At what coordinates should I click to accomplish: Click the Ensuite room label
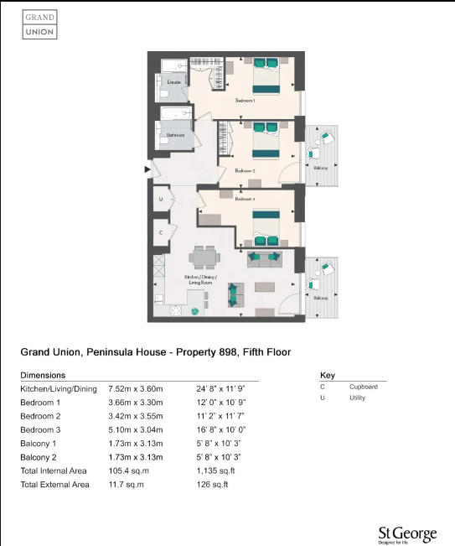[x=174, y=82]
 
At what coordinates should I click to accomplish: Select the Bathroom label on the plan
[x=175, y=134]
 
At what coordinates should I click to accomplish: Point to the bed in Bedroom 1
[x=266, y=75]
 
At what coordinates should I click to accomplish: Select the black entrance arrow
[x=148, y=170]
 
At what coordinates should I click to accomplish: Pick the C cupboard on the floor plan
[x=161, y=231]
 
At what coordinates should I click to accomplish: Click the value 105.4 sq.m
[x=151, y=471]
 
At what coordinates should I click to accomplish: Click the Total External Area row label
[x=54, y=485]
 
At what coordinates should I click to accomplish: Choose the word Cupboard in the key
[x=363, y=387]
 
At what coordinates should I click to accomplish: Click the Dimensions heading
[x=43, y=375]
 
